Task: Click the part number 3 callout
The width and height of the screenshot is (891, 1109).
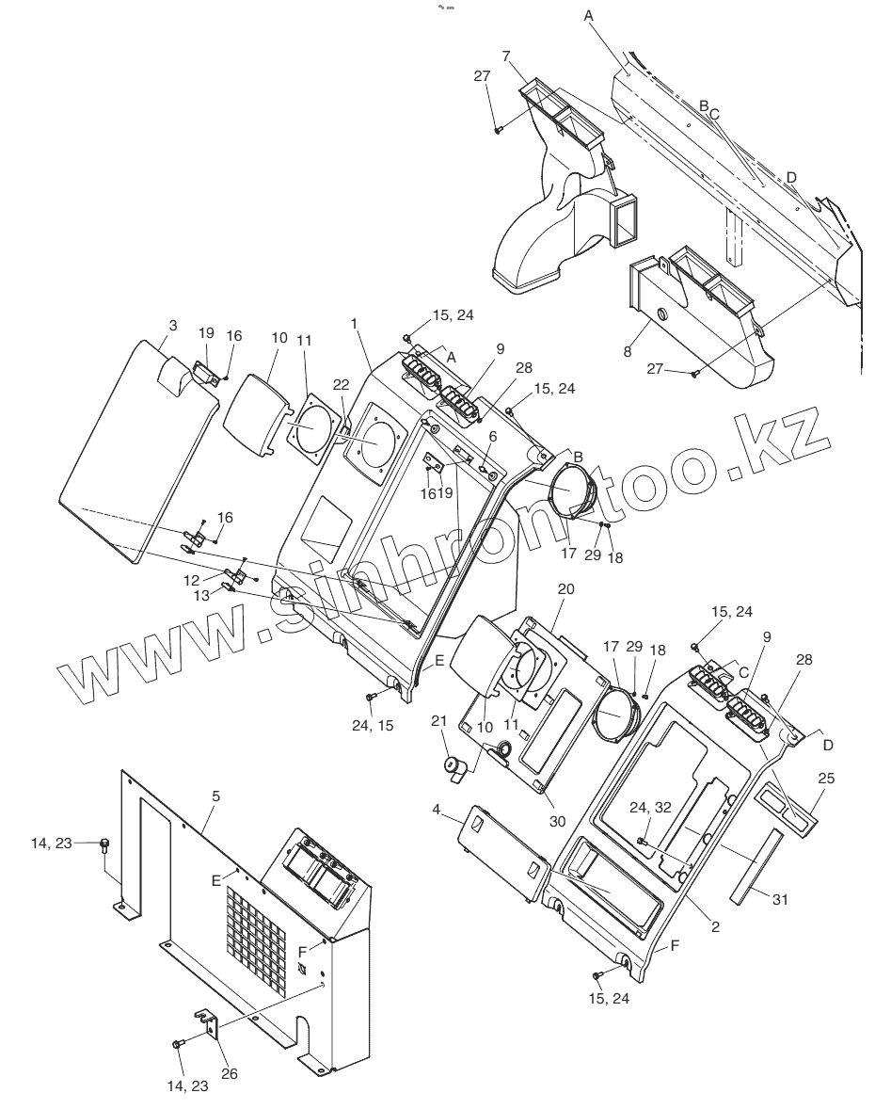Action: [172, 326]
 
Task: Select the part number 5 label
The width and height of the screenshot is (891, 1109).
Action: [215, 796]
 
